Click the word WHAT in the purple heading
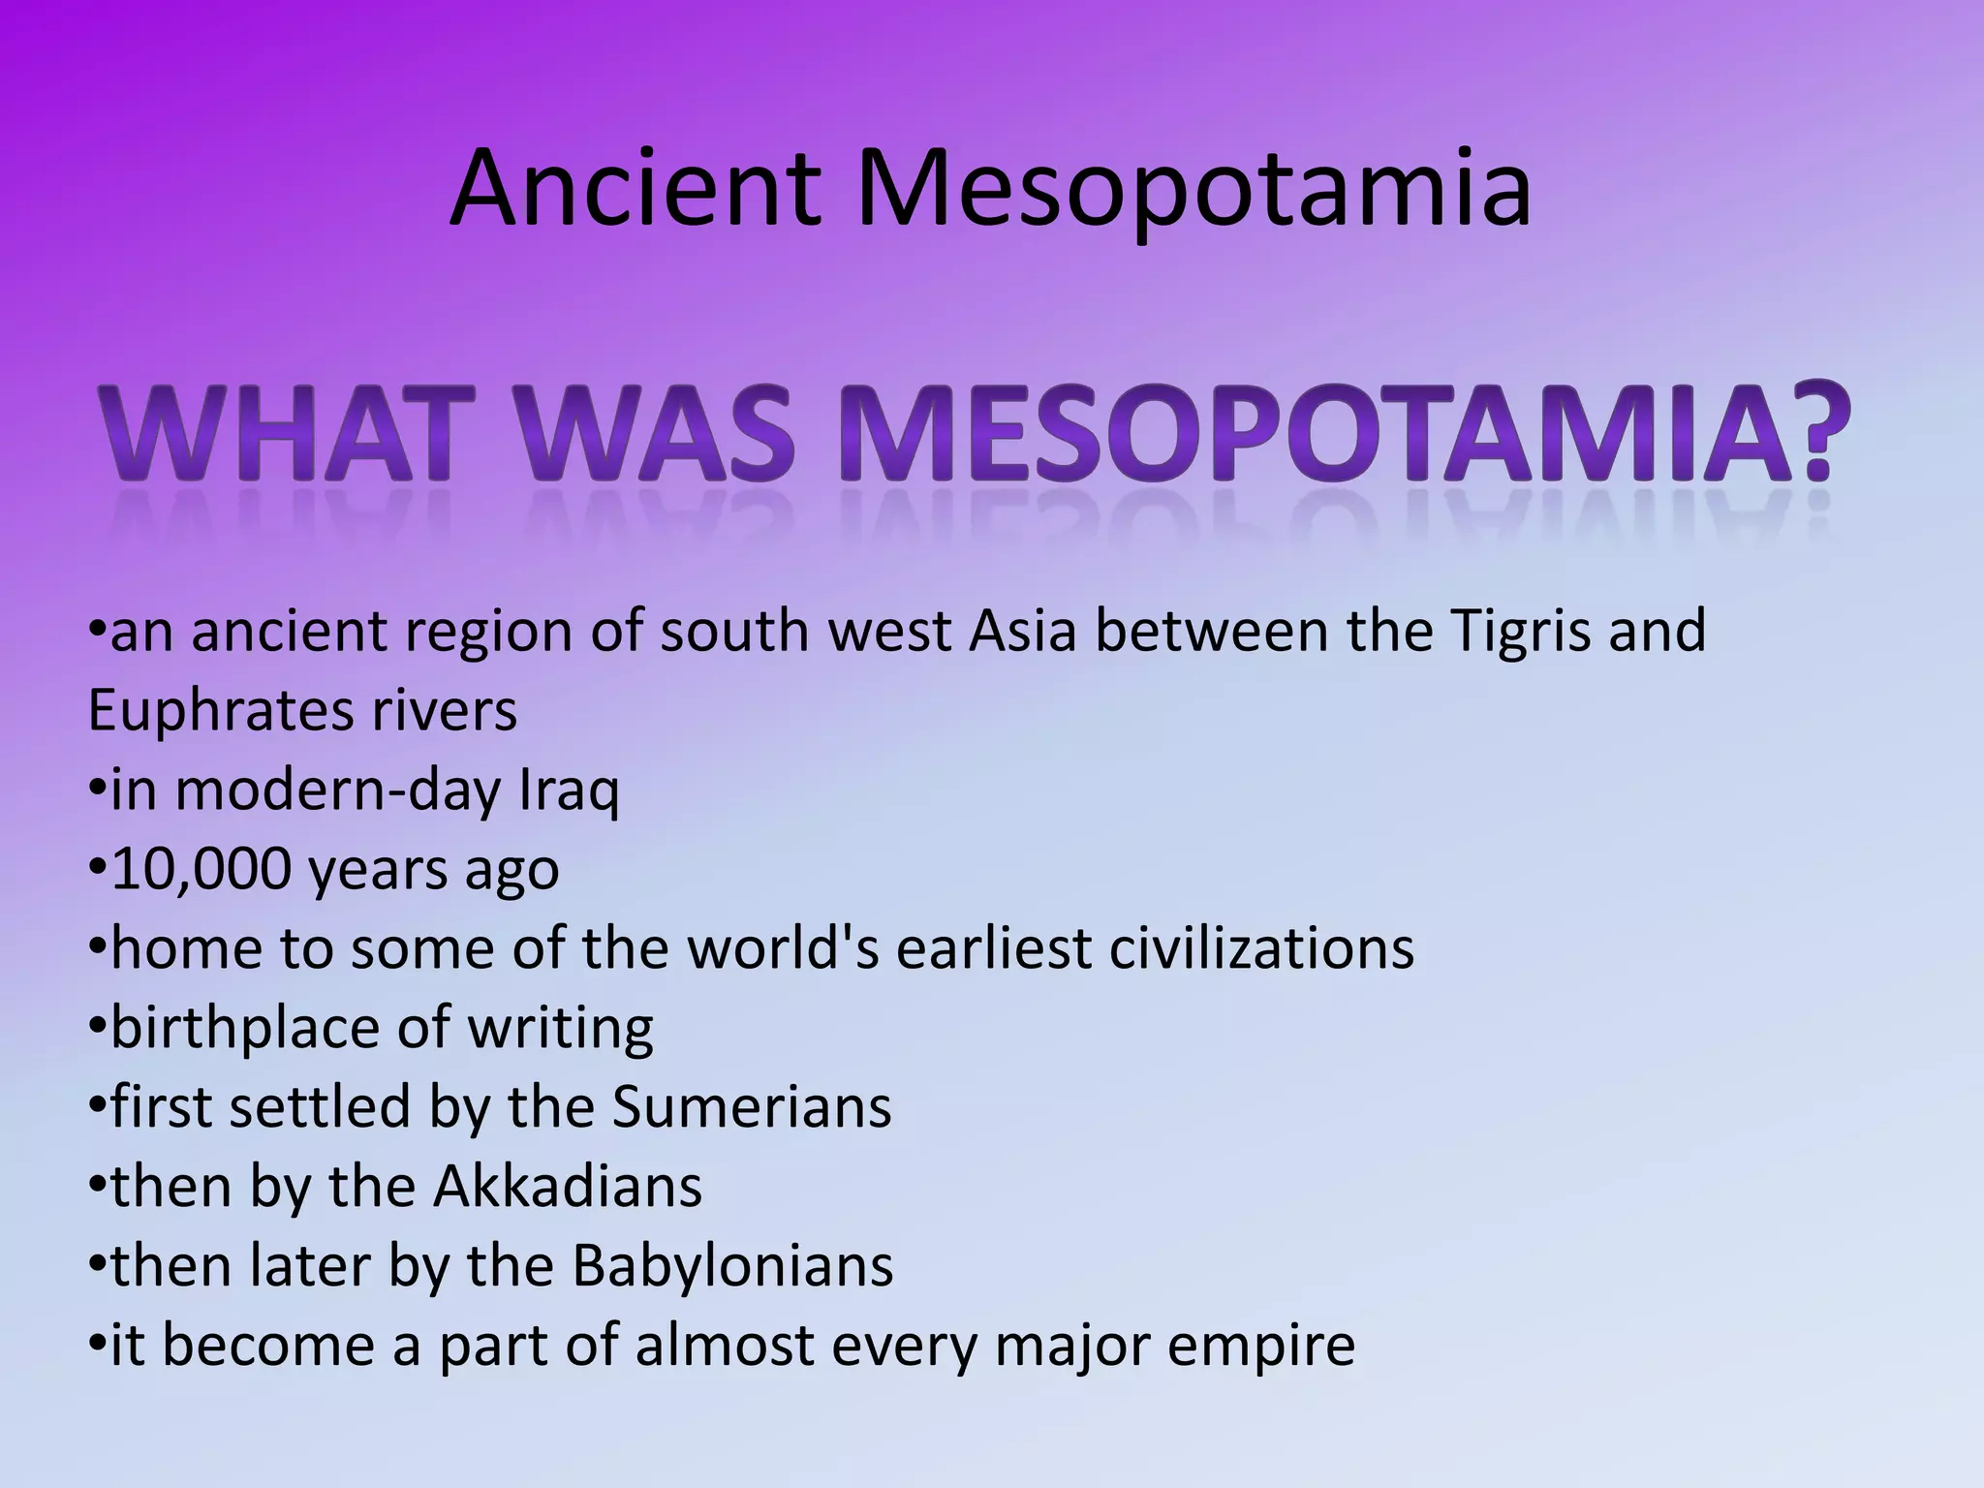276,436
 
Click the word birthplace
246,1028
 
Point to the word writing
561,1028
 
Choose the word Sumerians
752,1107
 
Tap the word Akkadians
568,1187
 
